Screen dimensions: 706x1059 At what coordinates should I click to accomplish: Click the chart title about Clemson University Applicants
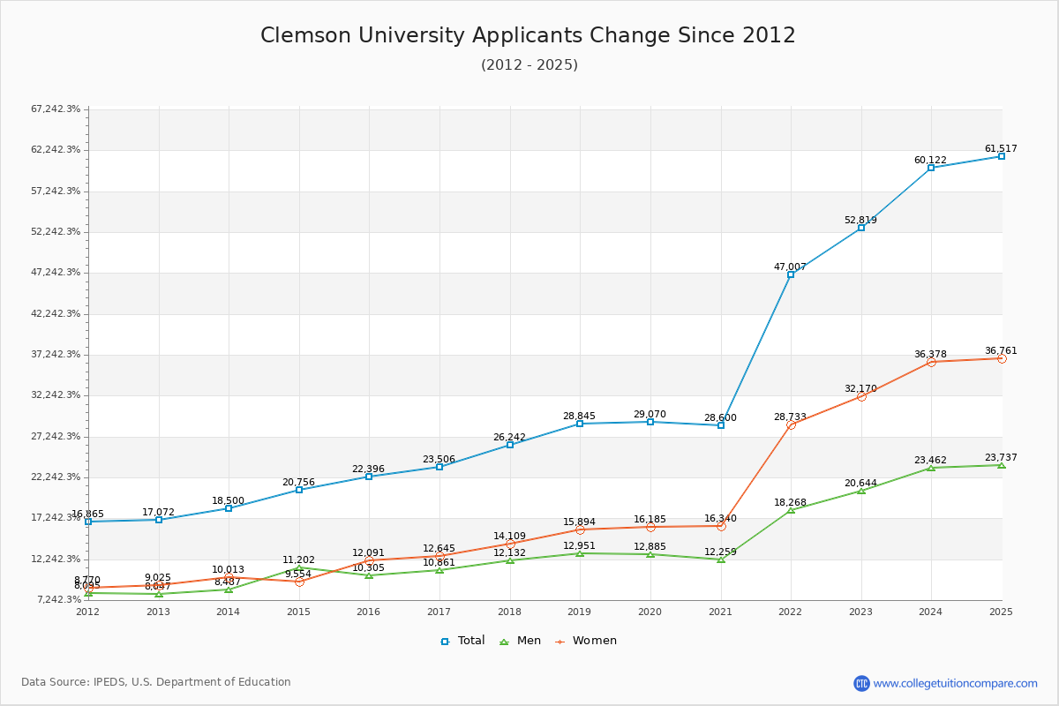528,35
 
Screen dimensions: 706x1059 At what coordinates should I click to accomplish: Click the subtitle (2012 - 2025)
529,65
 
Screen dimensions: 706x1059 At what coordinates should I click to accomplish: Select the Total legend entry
463,641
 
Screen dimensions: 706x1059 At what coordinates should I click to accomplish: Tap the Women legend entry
586,641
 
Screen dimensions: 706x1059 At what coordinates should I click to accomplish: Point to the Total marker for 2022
791,274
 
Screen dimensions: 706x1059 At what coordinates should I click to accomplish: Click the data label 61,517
1001,148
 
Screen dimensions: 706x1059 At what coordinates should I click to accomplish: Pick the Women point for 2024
931,362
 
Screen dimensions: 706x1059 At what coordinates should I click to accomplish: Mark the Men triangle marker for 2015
299,568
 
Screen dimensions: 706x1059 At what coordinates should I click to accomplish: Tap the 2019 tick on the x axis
580,612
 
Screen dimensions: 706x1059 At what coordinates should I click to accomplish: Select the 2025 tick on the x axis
1001,612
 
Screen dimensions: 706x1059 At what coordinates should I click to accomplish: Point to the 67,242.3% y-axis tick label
56,109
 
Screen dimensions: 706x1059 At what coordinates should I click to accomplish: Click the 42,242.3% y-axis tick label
56,313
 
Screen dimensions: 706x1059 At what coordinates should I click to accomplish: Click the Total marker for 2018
510,445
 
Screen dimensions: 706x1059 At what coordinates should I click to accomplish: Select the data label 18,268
791,502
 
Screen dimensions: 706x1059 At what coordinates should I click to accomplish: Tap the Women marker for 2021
721,526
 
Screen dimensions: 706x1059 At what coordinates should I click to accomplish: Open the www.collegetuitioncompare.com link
955,683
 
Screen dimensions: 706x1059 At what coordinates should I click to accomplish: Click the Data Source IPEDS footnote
156,682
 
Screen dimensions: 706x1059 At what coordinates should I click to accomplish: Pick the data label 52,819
860,220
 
